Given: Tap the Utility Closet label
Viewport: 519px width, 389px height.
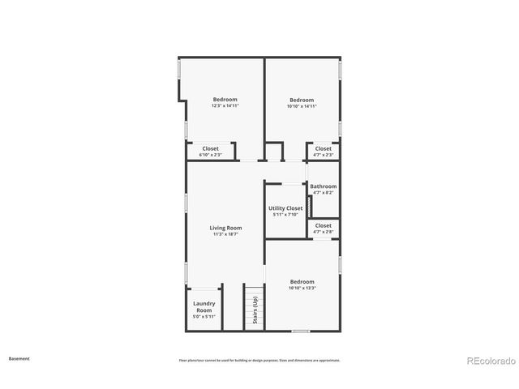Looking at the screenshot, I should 285,208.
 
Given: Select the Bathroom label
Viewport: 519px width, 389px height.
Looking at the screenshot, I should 323,186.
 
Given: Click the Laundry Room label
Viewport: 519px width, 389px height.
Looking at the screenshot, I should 204,306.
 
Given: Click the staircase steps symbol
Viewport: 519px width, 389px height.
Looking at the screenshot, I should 255,308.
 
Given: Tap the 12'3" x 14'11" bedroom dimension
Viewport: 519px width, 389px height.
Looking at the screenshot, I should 225,106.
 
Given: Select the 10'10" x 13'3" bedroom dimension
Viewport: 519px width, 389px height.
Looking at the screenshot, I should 302,288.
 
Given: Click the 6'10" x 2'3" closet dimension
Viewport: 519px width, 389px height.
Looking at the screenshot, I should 210,155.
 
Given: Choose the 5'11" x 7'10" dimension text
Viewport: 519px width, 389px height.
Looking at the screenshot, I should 285,215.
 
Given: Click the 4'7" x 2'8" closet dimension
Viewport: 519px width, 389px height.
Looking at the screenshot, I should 323,233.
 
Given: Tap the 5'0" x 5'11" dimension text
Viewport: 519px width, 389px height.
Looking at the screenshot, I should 204,317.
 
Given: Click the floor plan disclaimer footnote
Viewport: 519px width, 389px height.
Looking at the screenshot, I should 259,360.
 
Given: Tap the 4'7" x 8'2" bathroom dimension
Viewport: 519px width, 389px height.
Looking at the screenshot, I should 323,193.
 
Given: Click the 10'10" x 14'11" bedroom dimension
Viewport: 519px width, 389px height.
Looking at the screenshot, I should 302,106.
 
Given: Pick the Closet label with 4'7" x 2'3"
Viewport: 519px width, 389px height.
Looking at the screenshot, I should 323,148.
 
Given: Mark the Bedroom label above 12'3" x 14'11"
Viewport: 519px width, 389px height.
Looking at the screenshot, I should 225,100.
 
